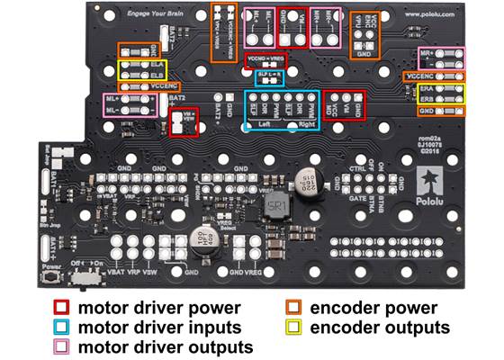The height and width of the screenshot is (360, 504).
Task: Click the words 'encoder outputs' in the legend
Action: [380, 326]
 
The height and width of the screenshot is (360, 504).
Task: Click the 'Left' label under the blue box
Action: [262, 124]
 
